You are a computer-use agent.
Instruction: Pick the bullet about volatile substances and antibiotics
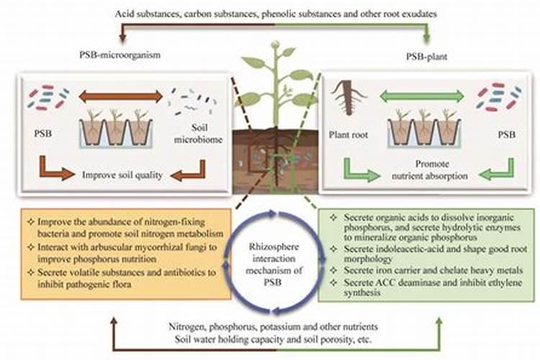coord(124,277)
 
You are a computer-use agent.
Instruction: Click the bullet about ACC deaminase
coord(421,289)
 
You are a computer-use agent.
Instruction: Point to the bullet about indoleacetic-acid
coord(421,253)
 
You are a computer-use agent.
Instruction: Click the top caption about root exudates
coord(270,14)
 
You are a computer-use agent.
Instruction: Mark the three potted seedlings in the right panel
coord(421,127)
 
